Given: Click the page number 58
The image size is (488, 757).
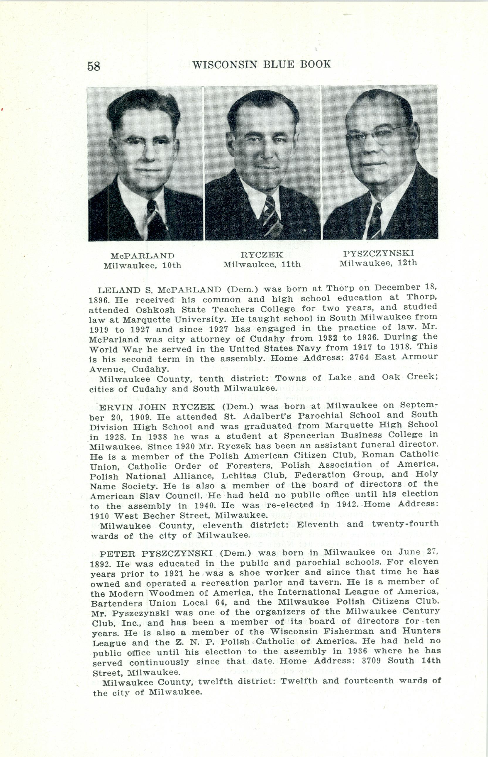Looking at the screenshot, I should click(94, 66).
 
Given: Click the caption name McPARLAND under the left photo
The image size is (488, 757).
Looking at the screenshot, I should click(142, 256).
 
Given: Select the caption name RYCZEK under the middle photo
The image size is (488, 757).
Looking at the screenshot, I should click(262, 255).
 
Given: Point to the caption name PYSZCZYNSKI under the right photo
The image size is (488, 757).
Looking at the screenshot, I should click(378, 253).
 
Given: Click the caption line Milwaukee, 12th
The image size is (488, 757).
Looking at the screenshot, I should click(378, 263).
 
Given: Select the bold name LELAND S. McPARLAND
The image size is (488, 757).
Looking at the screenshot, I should click(160, 290).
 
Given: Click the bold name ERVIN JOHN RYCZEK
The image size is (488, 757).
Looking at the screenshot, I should click(157, 407).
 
